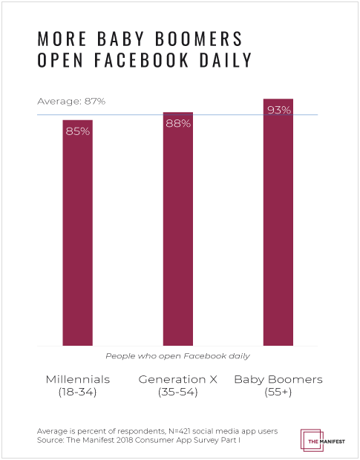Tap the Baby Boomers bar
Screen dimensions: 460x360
(x=278, y=222)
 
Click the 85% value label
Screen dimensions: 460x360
(x=77, y=131)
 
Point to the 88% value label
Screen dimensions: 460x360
(x=178, y=124)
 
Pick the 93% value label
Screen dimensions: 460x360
(x=278, y=111)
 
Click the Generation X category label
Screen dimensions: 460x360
(x=177, y=379)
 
